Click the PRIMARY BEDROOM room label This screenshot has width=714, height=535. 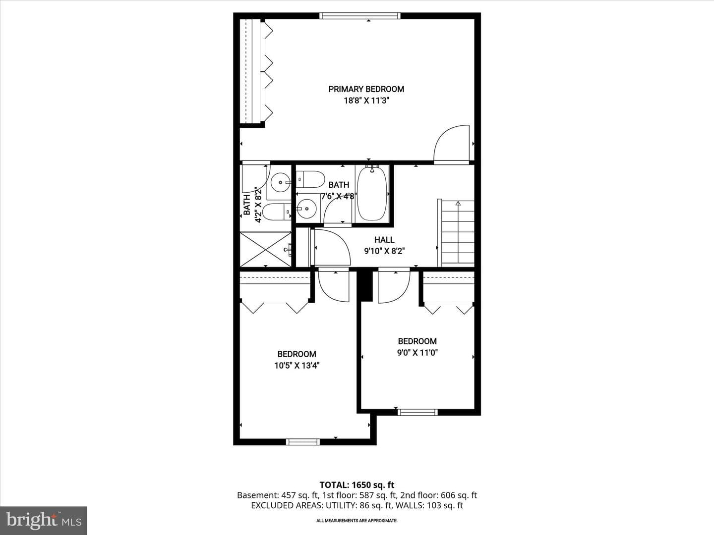point(366,89)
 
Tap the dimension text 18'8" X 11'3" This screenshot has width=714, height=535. point(366,101)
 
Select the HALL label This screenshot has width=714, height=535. point(384,240)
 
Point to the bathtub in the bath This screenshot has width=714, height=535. point(372,194)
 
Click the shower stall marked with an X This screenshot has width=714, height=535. point(265,249)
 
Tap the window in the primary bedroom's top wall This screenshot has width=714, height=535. point(360,16)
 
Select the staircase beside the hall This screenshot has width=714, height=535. point(456,233)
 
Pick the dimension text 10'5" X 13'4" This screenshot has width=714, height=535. point(297,366)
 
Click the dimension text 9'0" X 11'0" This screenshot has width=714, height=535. point(417,353)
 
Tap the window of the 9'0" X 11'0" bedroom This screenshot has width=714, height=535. point(417,412)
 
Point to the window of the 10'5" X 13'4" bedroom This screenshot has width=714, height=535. point(303,442)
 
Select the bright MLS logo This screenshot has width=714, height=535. point(44,520)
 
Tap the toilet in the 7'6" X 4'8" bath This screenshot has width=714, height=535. point(311,179)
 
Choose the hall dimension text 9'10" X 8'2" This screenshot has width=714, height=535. point(384,251)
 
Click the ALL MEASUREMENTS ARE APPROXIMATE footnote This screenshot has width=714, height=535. point(357,521)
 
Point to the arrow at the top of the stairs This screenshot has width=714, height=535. point(458,204)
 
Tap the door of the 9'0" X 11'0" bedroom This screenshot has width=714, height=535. point(394,286)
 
